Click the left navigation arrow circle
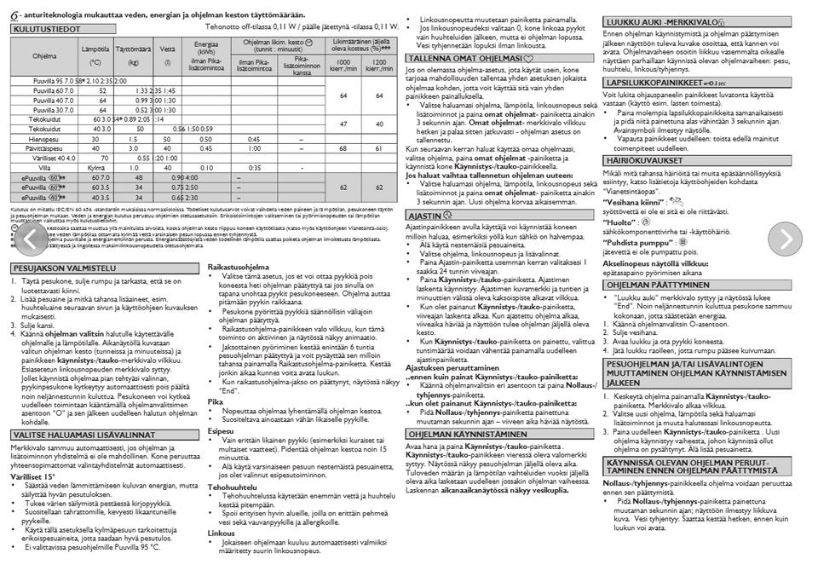[30, 239]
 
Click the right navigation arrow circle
[785, 239]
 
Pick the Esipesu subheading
[220, 432]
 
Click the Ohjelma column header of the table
[44, 55]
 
